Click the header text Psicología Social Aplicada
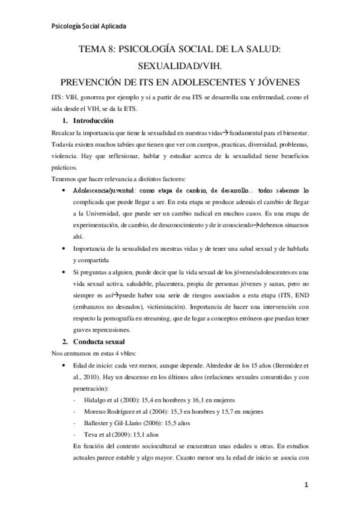coord(88,26)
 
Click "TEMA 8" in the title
coord(99,51)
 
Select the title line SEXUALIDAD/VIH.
coord(180,66)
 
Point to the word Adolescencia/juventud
coord(105,189)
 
